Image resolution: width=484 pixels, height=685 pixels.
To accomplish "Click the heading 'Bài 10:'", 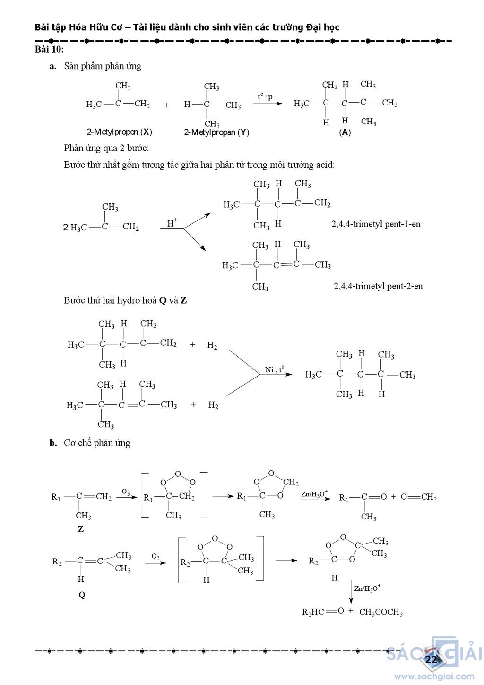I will pyautogui.click(x=49, y=49).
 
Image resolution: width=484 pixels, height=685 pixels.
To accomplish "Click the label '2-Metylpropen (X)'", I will pyautogui.click(x=119, y=132).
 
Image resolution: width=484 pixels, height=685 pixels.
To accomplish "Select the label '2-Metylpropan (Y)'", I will pyautogui.click(x=216, y=132).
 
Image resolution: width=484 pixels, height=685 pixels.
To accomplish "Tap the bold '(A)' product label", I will pyautogui.click(x=345, y=132).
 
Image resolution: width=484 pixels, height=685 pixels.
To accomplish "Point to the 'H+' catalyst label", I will pyautogui.click(x=173, y=222).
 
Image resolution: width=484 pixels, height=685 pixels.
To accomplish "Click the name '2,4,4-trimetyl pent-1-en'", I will pyautogui.click(x=376, y=224).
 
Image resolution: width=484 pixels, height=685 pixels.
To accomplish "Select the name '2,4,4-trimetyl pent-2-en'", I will pyautogui.click(x=378, y=286).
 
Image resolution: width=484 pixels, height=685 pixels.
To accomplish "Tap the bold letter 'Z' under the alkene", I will pyautogui.click(x=81, y=529).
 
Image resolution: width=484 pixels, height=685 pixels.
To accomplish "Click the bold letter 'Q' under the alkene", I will pyautogui.click(x=82, y=595).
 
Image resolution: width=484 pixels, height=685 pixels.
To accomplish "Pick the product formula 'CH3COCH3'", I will pyautogui.click(x=381, y=613).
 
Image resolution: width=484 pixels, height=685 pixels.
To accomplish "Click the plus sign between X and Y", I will pyautogui.click(x=167, y=105).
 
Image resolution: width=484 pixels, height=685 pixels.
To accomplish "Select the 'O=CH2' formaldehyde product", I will pyautogui.click(x=419, y=497).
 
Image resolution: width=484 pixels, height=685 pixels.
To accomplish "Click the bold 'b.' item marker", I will pyautogui.click(x=53, y=443).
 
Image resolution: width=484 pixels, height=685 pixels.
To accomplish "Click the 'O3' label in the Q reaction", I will pyautogui.click(x=156, y=557).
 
